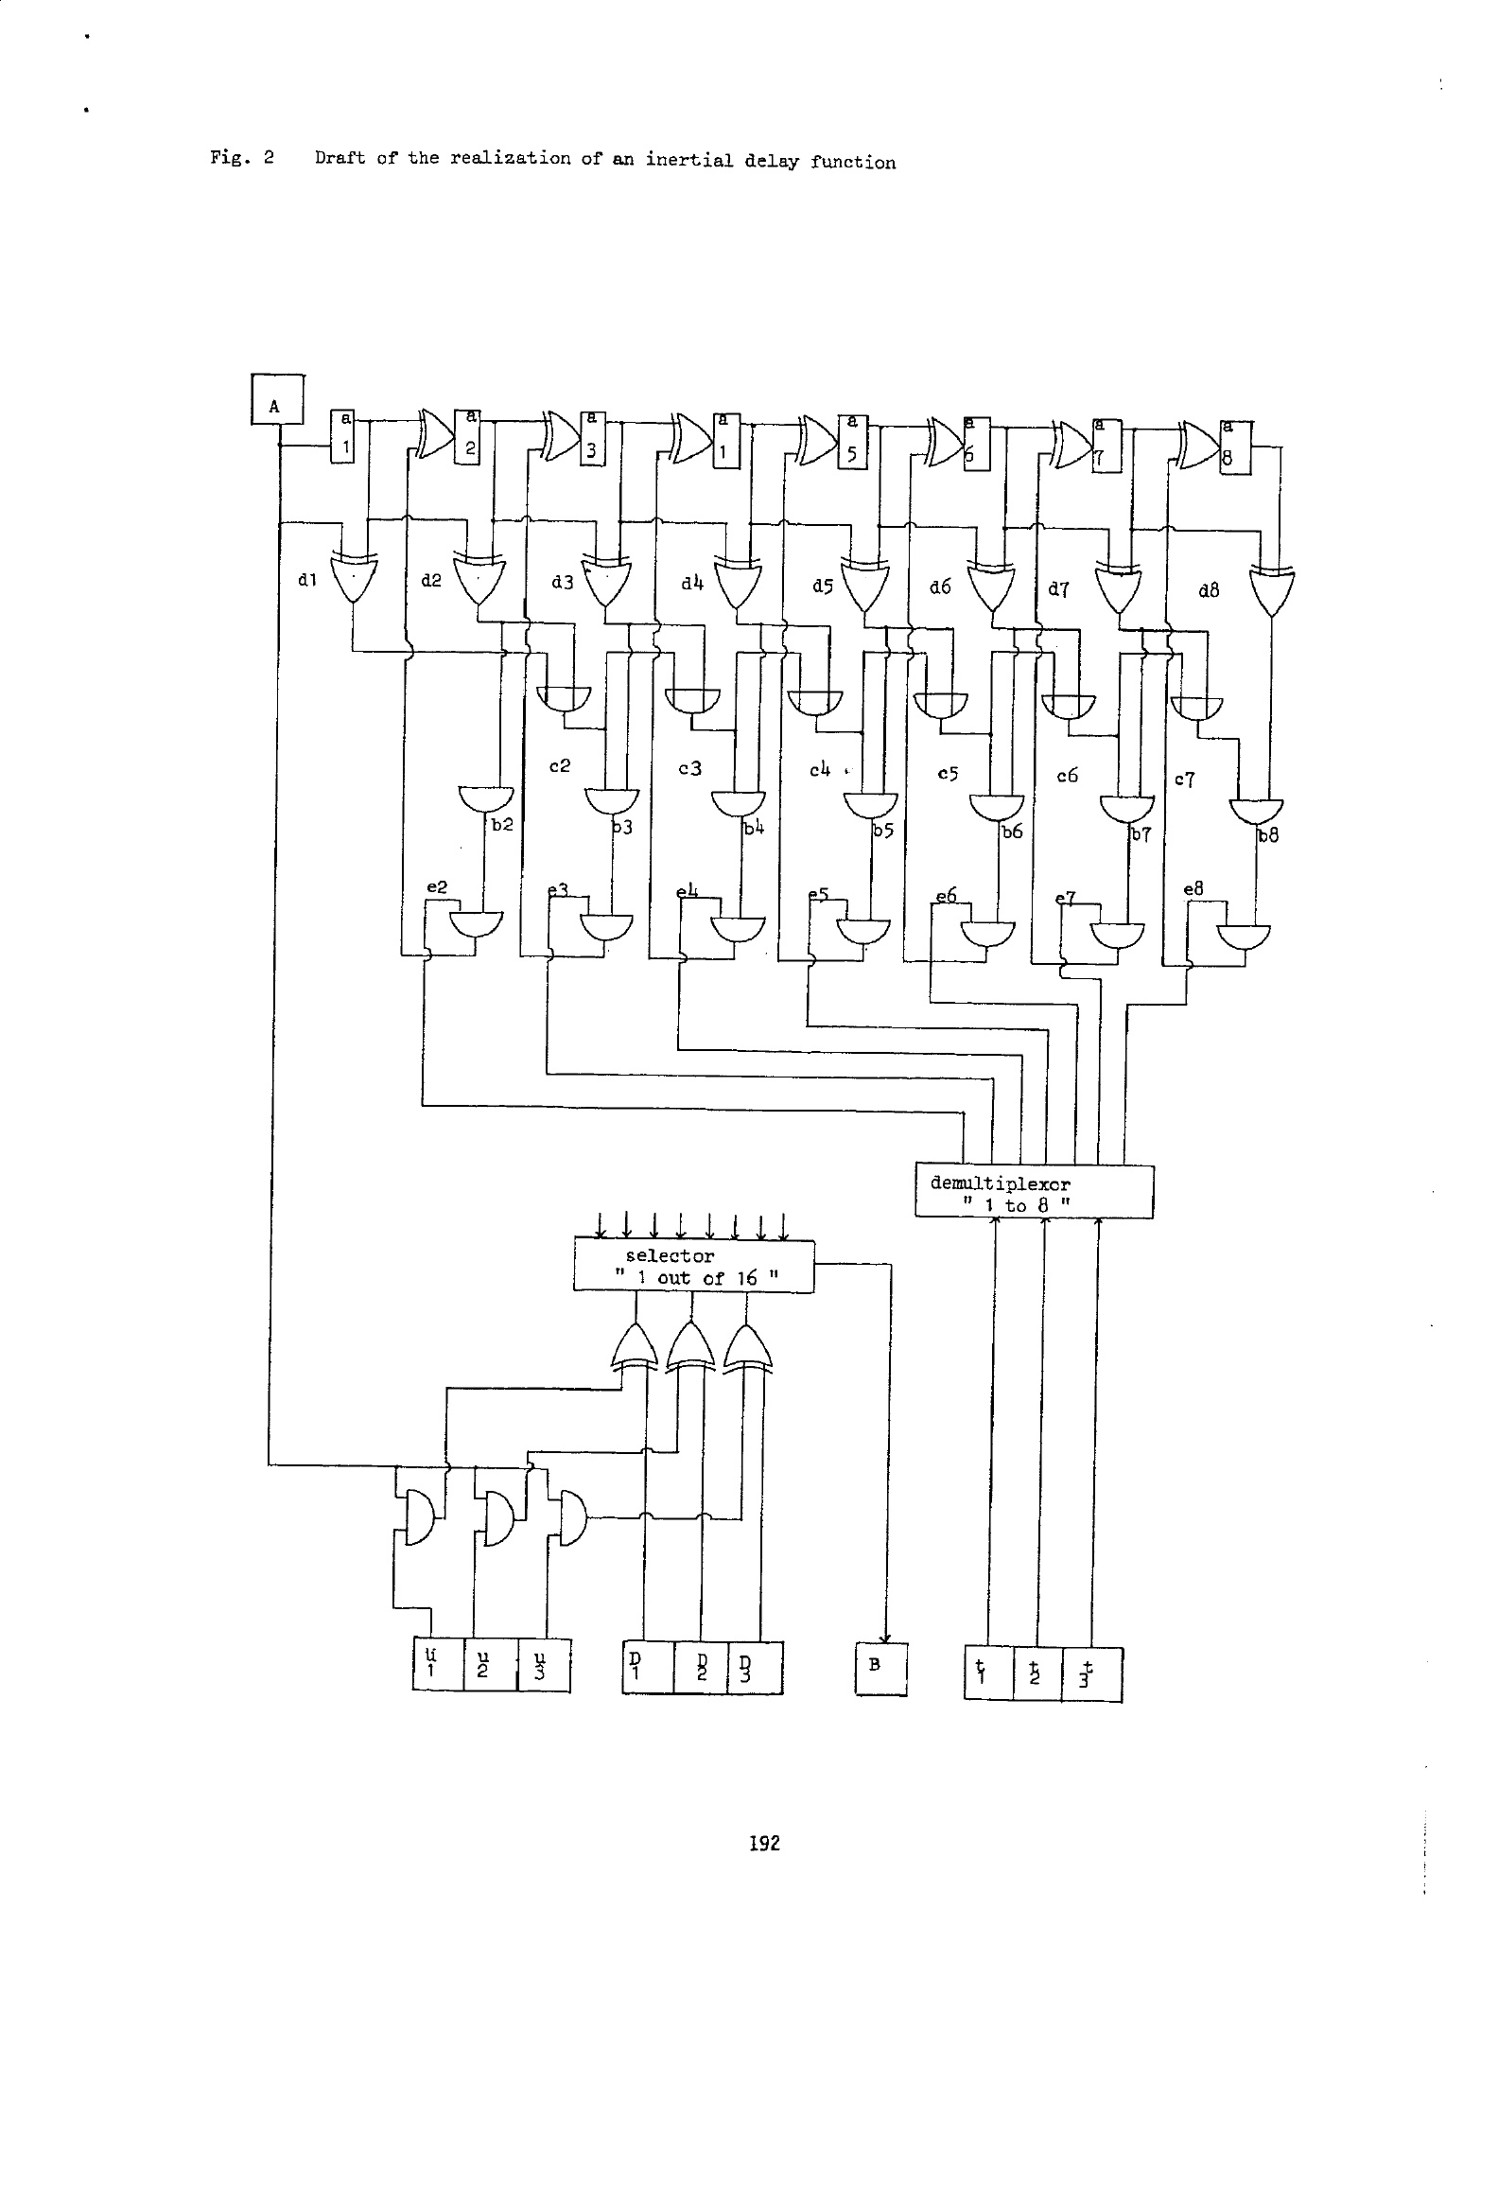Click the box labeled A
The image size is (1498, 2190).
(x=277, y=401)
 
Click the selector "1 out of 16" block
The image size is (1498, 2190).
(x=693, y=1266)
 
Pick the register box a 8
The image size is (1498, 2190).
(x=1234, y=447)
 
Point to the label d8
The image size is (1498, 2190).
(x=1208, y=591)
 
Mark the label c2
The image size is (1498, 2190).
(x=560, y=765)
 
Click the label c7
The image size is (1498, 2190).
(x=1185, y=780)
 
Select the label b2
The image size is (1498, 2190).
(x=502, y=825)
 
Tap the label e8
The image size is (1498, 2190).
(x=1193, y=889)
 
